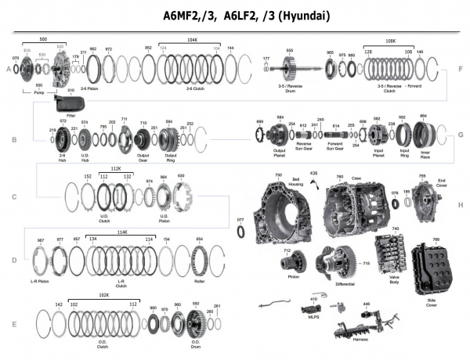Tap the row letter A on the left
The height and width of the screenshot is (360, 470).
[9, 70]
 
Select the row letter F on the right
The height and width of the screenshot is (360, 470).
[461, 69]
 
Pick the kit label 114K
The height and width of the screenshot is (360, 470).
[122, 231]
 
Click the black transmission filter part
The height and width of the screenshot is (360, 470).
[69, 103]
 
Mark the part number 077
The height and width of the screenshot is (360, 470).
[240, 221]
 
